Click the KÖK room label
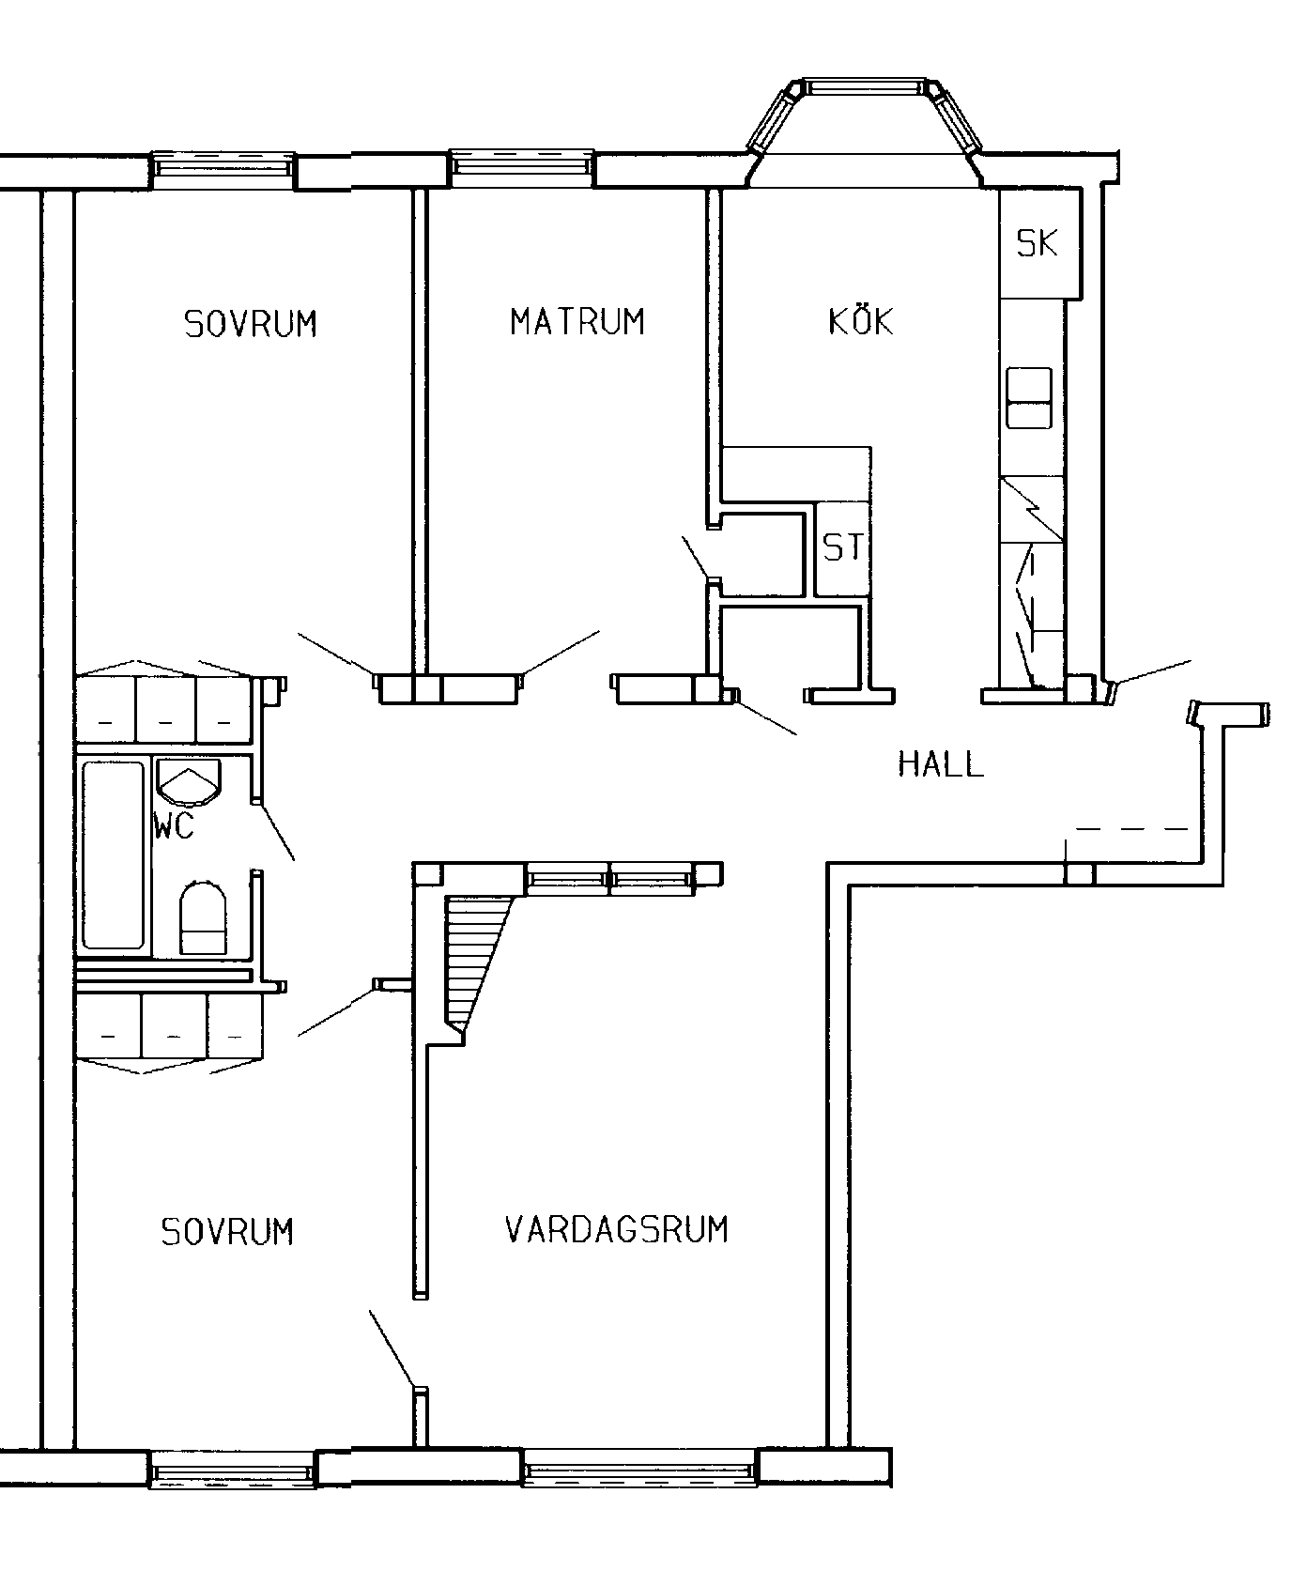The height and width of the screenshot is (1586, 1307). [860, 322]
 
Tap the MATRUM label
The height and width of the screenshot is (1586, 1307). [577, 322]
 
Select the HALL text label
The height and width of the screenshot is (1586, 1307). [941, 764]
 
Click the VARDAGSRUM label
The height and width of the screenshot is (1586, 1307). [617, 1230]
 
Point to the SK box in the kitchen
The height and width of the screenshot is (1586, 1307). [1038, 244]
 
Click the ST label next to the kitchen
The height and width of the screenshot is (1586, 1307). [842, 547]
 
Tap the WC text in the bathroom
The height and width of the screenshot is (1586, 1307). [175, 827]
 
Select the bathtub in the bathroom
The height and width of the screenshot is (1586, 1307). [114, 855]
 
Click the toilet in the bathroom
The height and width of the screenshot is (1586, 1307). [203, 918]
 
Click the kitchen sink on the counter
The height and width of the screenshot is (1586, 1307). [1029, 398]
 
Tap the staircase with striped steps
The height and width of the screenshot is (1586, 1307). [474, 958]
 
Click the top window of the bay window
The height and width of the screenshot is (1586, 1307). [861, 87]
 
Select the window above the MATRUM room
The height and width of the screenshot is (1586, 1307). [520, 167]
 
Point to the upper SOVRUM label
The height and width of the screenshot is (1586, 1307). [251, 324]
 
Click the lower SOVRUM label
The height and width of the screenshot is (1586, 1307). [227, 1232]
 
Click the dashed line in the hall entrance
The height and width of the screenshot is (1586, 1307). [1131, 829]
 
